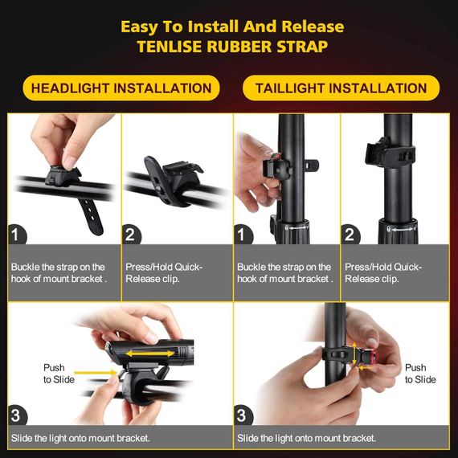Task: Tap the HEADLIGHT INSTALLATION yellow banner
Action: pyautogui.click(x=121, y=88)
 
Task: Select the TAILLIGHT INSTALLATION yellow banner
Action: pyautogui.click(x=341, y=88)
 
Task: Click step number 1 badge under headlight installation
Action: pyautogui.click(x=17, y=235)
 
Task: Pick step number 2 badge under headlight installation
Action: pyautogui.click(x=131, y=235)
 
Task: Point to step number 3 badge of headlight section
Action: pyautogui.click(x=17, y=415)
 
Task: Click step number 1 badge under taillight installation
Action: pyautogui.click(x=243, y=235)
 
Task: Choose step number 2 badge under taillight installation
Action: pyautogui.click(x=350, y=235)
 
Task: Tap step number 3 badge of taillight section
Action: pyautogui.click(x=243, y=415)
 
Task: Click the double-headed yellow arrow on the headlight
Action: pyautogui.click(x=149, y=354)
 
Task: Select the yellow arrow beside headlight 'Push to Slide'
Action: pyautogui.click(x=96, y=373)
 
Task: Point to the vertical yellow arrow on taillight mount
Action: pyautogui.click(x=354, y=354)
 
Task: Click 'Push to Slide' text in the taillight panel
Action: pyautogui.click(x=420, y=374)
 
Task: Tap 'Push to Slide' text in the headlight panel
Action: pyautogui.click(x=59, y=374)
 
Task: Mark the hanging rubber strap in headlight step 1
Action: pyautogui.click(x=92, y=216)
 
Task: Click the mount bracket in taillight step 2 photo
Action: pyautogui.click(x=389, y=153)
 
